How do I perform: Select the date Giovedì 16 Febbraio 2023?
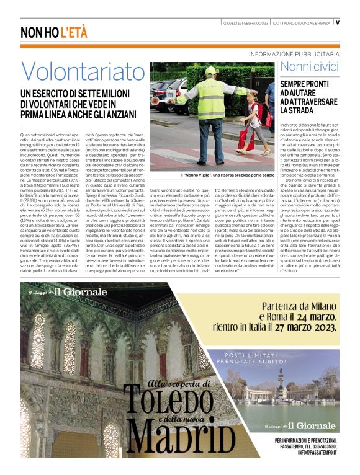tap(246, 23)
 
